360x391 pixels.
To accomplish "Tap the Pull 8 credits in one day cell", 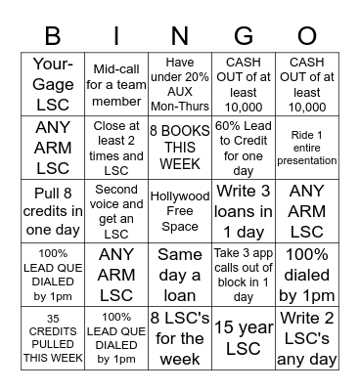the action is click(53, 209).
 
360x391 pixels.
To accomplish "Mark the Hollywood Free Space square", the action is click(180, 209).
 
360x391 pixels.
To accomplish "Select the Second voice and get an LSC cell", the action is click(116, 209).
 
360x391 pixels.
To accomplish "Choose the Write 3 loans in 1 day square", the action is click(244, 209).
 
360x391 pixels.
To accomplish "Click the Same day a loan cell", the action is click(180, 274).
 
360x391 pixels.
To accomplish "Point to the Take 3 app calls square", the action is click(244, 274).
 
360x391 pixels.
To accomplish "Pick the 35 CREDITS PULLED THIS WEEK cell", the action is click(53, 337).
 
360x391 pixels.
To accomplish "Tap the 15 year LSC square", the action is click(244, 337).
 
